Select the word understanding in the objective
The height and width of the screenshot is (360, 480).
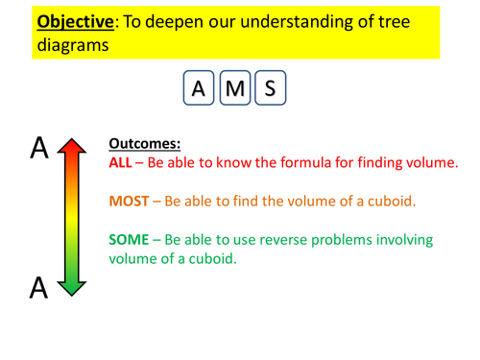(315, 19)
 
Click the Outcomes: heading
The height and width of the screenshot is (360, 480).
(145, 143)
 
